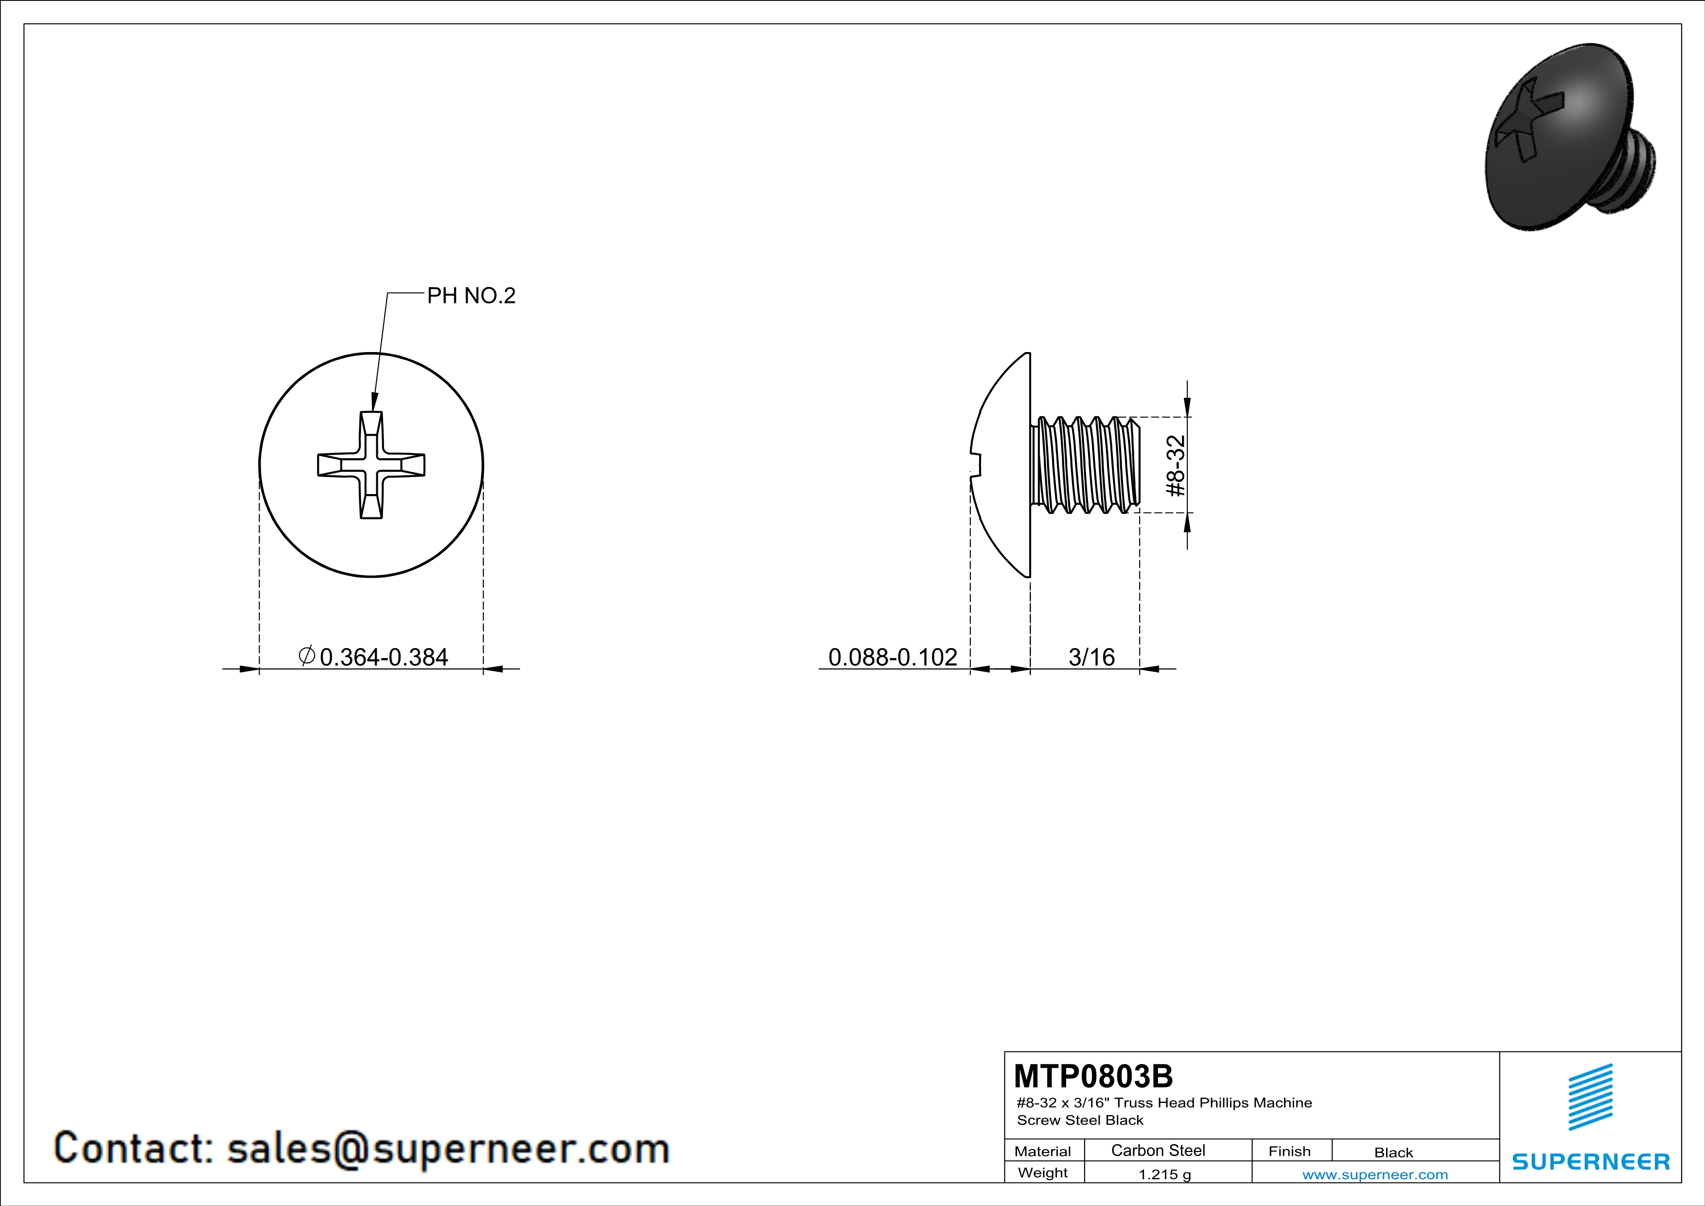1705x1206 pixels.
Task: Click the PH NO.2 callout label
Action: click(471, 296)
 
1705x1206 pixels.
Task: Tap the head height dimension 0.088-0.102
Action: click(893, 657)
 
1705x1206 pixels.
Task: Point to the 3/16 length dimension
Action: click(1091, 657)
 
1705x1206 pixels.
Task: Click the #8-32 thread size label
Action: click(1176, 465)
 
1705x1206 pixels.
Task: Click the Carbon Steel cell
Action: click(1158, 1150)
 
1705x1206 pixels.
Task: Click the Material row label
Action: click(1043, 1151)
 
